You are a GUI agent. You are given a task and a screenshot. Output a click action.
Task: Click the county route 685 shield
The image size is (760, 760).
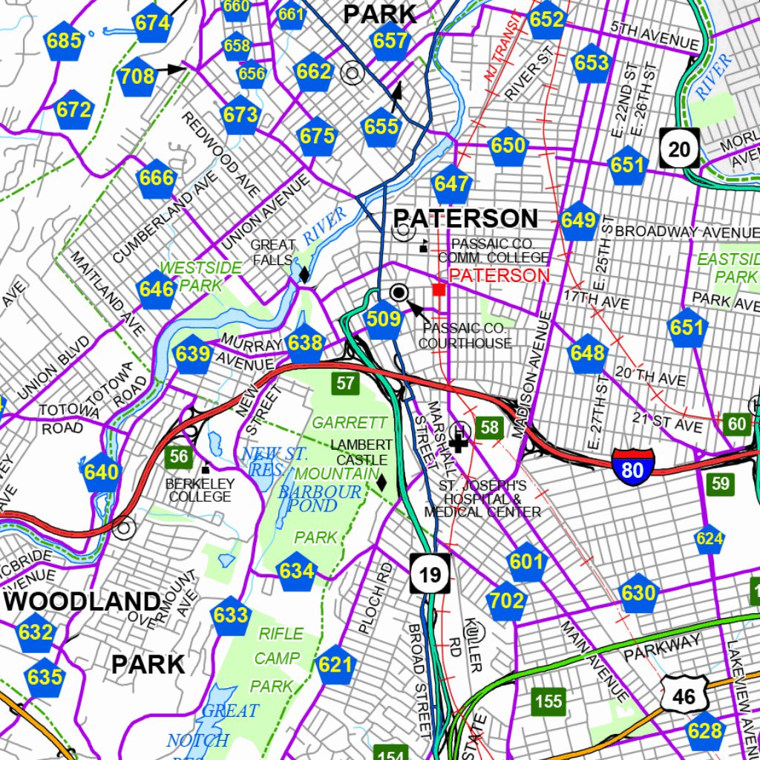tap(63, 42)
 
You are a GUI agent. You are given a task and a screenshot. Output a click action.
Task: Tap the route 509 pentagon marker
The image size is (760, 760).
tap(384, 321)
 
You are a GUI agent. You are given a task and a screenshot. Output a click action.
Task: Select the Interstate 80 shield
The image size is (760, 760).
tap(633, 468)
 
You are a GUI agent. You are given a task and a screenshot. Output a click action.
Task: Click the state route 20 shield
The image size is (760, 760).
tap(678, 149)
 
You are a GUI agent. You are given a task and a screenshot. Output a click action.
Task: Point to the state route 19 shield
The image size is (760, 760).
tap(430, 574)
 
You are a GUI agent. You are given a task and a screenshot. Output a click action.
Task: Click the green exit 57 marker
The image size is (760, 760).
tap(345, 384)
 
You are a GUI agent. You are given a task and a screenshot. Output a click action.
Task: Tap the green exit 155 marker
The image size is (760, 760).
tap(548, 701)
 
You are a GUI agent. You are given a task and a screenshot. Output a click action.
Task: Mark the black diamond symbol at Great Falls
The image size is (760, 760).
tap(304, 274)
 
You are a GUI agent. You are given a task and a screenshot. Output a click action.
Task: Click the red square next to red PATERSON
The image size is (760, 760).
tap(439, 289)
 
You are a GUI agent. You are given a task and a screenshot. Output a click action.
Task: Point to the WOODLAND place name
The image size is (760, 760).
tap(82, 601)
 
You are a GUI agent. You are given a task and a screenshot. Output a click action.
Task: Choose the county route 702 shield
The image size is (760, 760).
tap(507, 600)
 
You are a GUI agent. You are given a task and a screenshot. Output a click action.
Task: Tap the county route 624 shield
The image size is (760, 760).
tap(710, 539)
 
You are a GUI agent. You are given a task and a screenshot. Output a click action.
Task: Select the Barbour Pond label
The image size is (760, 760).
tap(319, 499)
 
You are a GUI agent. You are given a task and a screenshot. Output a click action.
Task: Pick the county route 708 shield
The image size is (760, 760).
tap(137, 76)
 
